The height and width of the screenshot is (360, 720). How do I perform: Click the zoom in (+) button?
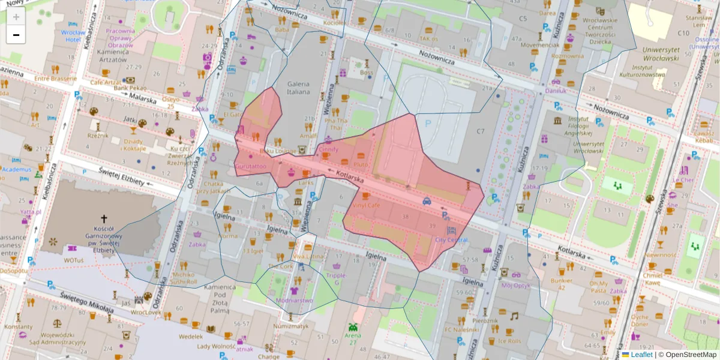pos(16,17)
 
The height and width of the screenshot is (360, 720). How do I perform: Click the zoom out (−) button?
pos(16,35)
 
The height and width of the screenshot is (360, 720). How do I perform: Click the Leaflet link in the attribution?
pos(641,355)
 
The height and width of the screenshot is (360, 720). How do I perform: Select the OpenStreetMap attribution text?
pos(691,355)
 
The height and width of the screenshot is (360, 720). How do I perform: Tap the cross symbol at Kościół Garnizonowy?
pos(104,219)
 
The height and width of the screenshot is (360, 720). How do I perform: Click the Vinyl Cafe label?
pos(366,205)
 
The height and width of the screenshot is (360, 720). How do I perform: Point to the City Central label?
pos(451,240)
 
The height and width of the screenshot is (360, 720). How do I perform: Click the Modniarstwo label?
pos(294,300)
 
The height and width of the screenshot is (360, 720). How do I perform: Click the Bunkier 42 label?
pos(562,284)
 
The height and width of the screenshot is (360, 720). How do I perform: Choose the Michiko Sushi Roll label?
pos(184,277)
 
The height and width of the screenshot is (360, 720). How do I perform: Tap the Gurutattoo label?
pos(251,165)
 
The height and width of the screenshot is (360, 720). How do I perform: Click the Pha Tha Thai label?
pos(336,124)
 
